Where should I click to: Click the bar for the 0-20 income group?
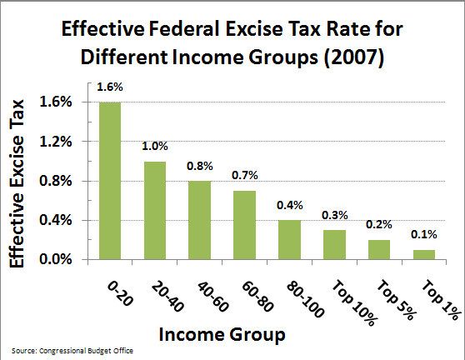(x=109, y=181)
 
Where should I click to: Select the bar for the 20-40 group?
(x=155, y=211)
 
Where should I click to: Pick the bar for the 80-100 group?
(x=289, y=240)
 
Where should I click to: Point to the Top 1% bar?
(x=424, y=255)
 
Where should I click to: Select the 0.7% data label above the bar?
(x=244, y=177)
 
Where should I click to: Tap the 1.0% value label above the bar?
(x=155, y=147)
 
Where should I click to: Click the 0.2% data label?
(x=379, y=226)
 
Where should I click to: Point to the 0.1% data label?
(x=424, y=236)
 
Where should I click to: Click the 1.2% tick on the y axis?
(x=67, y=142)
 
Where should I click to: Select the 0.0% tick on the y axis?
(x=67, y=260)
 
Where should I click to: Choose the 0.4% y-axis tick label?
(x=67, y=221)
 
